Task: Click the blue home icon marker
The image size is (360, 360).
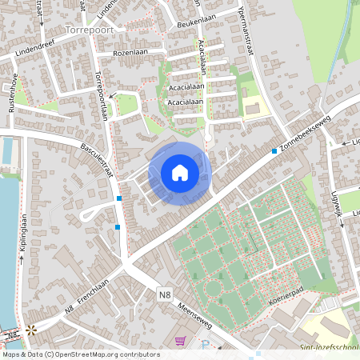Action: tap(180, 172)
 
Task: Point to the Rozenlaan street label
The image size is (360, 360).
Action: tap(131, 52)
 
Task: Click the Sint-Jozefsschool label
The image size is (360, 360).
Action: tap(328, 346)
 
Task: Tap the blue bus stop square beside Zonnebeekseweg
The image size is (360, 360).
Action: tap(274, 150)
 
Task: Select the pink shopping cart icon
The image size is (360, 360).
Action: tap(180, 341)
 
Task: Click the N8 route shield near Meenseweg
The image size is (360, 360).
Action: tap(164, 295)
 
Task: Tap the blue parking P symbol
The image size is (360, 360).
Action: tap(206, 345)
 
